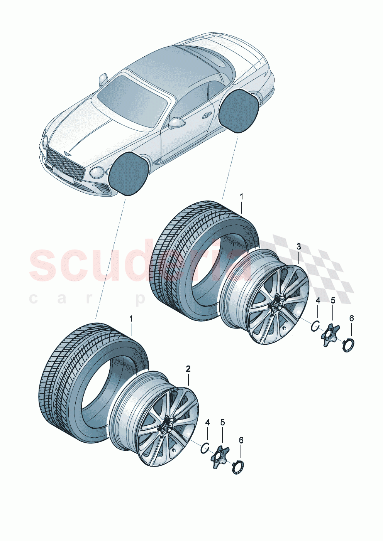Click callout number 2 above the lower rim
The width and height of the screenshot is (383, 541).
(x=188, y=369)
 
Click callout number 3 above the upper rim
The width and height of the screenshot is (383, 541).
(x=298, y=246)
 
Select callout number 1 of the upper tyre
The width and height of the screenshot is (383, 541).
(x=241, y=197)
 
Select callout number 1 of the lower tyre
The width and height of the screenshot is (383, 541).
(x=131, y=319)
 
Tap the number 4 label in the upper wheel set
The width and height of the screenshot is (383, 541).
(x=318, y=300)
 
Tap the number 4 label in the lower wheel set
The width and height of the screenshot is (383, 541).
(x=207, y=423)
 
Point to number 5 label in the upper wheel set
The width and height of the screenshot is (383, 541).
(x=333, y=300)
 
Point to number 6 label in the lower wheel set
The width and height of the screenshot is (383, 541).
(x=241, y=440)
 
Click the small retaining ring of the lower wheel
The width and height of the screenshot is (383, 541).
(x=205, y=448)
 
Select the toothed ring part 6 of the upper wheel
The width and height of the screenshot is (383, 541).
(x=348, y=345)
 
